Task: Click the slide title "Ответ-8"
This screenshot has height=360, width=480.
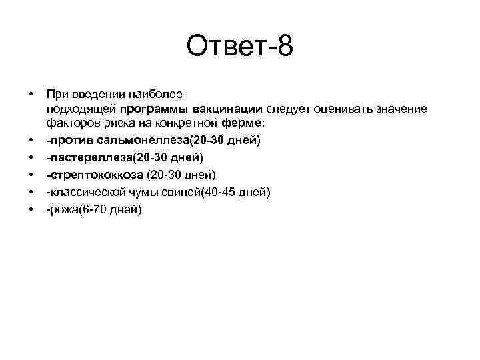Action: click(239, 47)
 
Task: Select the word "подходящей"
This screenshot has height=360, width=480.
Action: click(81, 109)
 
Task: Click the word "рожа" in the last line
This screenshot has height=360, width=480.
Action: click(63, 209)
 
